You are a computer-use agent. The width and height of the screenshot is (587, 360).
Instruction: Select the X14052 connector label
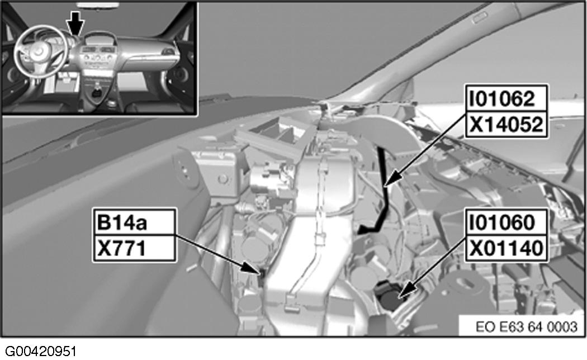click(x=506, y=124)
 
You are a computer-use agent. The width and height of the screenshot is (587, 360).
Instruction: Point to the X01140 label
click(x=506, y=248)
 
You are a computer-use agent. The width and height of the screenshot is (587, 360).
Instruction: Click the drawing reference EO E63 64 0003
click(x=527, y=326)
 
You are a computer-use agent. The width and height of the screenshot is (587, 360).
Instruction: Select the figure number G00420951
click(x=41, y=352)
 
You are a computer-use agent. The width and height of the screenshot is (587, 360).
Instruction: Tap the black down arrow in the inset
click(x=76, y=22)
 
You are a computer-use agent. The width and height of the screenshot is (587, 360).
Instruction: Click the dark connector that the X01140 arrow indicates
click(x=389, y=297)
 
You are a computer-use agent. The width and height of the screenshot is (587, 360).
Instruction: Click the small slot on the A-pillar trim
click(x=479, y=18)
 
